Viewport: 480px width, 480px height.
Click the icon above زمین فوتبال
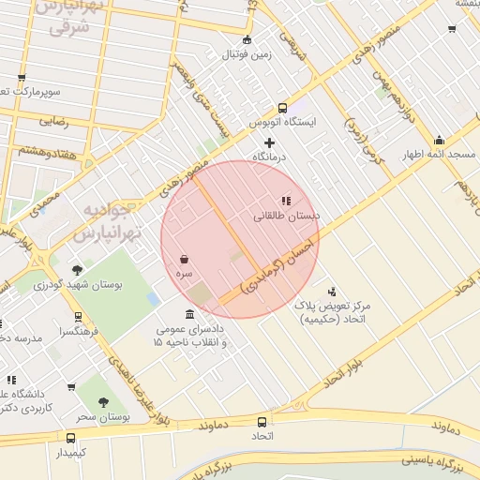click(x=247, y=39)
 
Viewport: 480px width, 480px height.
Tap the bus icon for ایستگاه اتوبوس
click(x=283, y=107)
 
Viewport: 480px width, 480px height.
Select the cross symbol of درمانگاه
click(x=269, y=142)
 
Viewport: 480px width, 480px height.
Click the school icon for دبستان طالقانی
click(x=286, y=200)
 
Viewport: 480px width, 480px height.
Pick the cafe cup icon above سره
click(x=185, y=258)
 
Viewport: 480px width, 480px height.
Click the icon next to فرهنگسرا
click(x=77, y=317)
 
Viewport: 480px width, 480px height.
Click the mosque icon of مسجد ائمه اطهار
click(x=439, y=141)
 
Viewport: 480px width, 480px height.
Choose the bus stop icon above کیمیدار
click(x=71, y=438)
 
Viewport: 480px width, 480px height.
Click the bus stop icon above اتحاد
click(x=260, y=422)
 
